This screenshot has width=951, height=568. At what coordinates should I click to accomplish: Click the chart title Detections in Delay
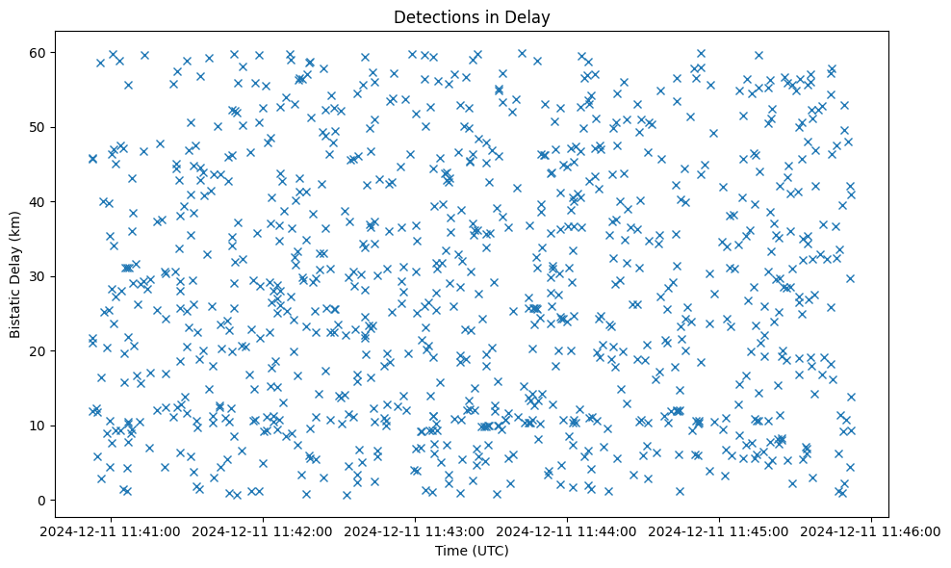tap(472, 16)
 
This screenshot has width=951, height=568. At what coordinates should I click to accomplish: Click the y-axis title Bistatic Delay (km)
tap(15, 275)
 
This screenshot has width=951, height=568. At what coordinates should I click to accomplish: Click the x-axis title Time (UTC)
tap(472, 552)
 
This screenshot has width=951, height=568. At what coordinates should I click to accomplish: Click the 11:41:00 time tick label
tap(111, 530)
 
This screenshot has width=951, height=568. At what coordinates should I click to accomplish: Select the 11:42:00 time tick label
tap(263, 530)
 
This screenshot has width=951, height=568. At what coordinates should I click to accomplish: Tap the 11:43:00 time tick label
tap(415, 530)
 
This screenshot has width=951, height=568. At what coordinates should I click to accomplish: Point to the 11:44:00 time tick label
tap(567, 530)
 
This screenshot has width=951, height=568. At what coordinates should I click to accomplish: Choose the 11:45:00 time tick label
tap(719, 530)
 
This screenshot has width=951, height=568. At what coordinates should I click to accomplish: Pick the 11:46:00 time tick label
tap(871, 530)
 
